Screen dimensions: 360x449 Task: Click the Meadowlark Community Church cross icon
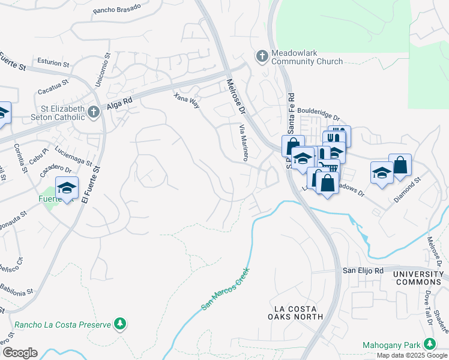[x=262, y=56]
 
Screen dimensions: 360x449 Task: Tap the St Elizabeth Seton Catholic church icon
[x=93, y=112]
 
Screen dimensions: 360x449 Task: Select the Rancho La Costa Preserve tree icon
[x=121, y=325]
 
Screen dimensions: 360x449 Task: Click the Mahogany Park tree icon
[x=429, y=344]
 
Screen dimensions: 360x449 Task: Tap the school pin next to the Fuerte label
[x=67, y=188]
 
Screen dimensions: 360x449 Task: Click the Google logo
[x=20, y=353]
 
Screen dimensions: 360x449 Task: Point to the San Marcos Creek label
[x=224, y=289]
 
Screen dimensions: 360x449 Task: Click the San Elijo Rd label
[x=363, y=271]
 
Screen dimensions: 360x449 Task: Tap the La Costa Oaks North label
[x=295, y=312]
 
